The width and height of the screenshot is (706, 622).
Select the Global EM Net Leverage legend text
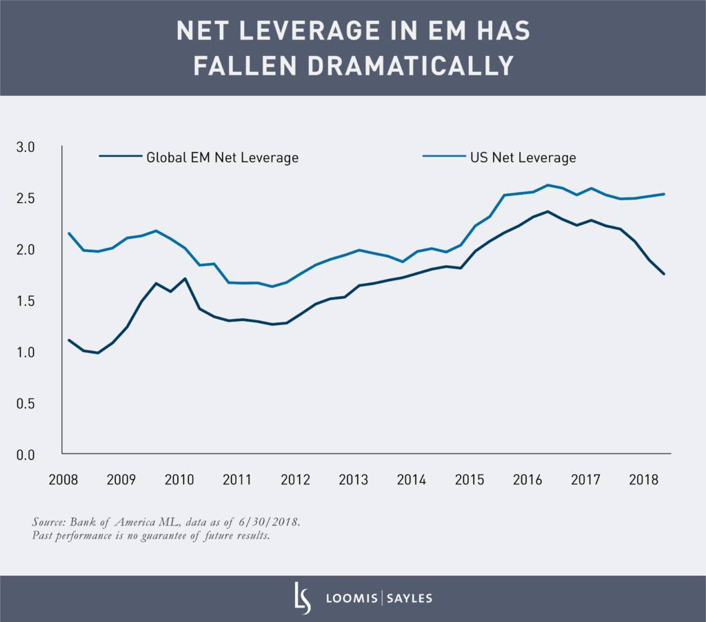pos(222,157)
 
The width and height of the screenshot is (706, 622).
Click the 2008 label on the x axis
pos(63,479)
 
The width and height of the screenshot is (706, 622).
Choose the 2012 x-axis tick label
pos(295,479)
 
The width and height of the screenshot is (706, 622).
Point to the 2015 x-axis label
pos(469,479)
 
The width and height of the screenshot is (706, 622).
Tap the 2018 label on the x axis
pos(643,479)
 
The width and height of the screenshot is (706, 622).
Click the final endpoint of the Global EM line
pos(664,274)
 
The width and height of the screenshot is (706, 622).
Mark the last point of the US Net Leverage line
pos(664,194)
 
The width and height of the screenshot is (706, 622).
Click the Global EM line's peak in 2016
pos(547,211)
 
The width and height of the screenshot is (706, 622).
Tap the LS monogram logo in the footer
pos(302,597)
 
